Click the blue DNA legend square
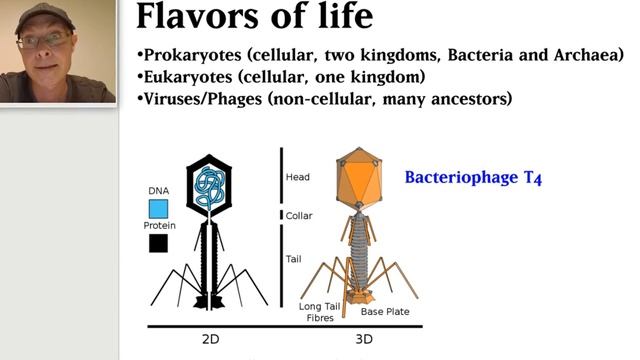pyautogui.click(x=158, y=208)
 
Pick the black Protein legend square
pyautogui.click(x=158, y=243)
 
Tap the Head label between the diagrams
pyautogui.click(x=298, y=177)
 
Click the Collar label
pyautogui.click(x=300, y=215)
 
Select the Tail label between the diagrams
pyautogui.click(x=294, y=259)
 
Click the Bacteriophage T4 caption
pyautogui.click(x=473, y=179)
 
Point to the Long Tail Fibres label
pyautogui.click(x=321, y=312)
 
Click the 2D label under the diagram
pyautogui.click(x=211, y=339)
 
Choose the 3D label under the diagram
pyautogui.click(x=364, y=339)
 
